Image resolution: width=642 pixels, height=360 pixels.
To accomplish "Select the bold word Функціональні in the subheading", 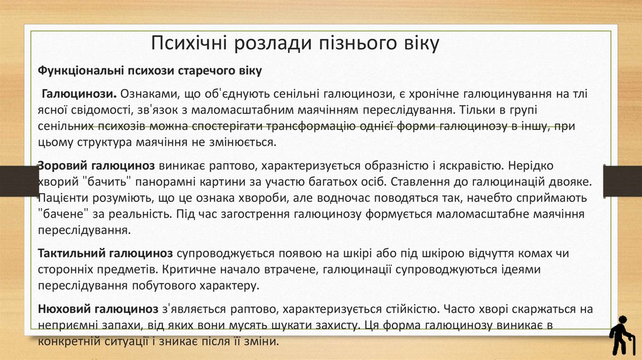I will pos(81,71).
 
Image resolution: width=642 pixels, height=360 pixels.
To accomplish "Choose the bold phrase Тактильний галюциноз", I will pos(105,255).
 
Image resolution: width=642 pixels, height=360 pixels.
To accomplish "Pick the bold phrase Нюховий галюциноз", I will pos(98,309).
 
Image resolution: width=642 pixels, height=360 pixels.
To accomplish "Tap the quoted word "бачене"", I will pos(63,214).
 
